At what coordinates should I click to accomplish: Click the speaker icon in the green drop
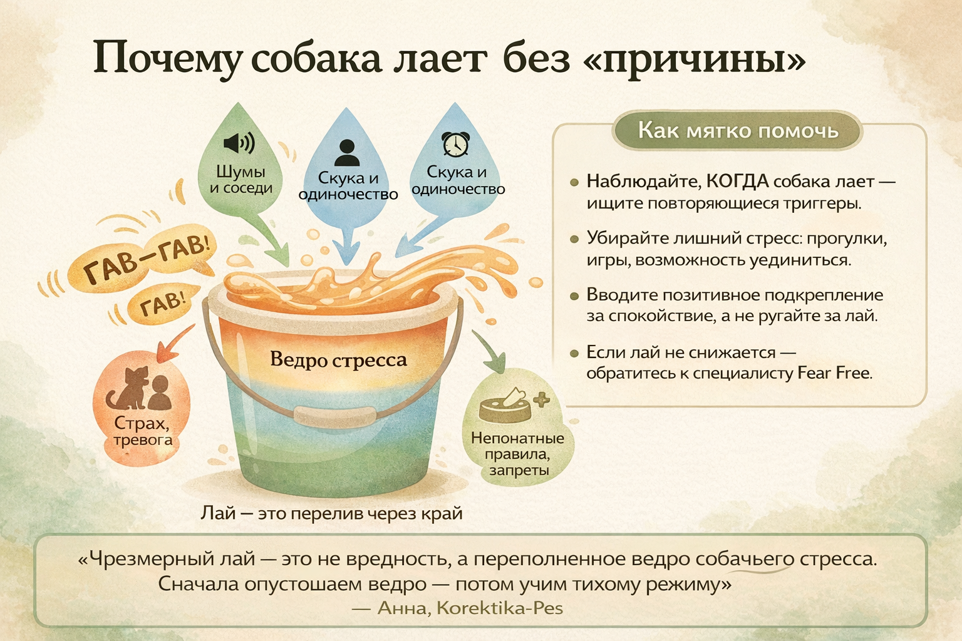(x=239, y=143)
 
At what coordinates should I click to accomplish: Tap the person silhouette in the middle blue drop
(x=346, y=152)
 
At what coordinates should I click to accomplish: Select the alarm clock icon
(x=456, y=145)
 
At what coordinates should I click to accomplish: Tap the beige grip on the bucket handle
(x=335, y=416)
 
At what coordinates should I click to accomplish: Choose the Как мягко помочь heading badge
(x=738, y=131)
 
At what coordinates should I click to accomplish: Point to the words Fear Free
(x=834, y=373)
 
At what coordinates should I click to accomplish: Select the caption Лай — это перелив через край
(x=331, y=513)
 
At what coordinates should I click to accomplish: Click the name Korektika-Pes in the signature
(x=500, y=608)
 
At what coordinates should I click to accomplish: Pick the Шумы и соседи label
(x=241, y=180)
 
